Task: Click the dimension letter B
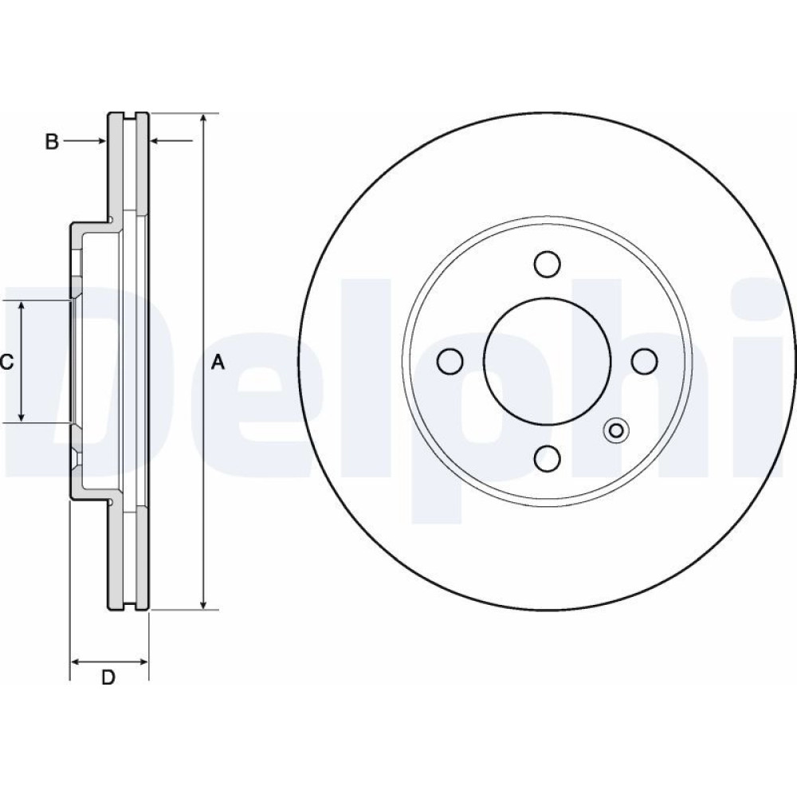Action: tap(52, 142)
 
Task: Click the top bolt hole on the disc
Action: tap(548, 265)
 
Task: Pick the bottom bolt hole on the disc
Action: tap(548, 458)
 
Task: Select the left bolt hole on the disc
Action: tap(450, 361)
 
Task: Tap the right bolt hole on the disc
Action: tap(645, 361)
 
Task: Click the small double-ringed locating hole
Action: tap(616, 431)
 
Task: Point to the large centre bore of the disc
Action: tap(548, 361)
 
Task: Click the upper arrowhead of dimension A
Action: tap(203, 119)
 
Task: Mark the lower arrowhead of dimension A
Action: tap(203, 603)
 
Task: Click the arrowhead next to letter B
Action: tap(101, 141)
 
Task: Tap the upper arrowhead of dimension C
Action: tap(22, 307)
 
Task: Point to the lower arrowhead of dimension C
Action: tap(22, 416)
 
